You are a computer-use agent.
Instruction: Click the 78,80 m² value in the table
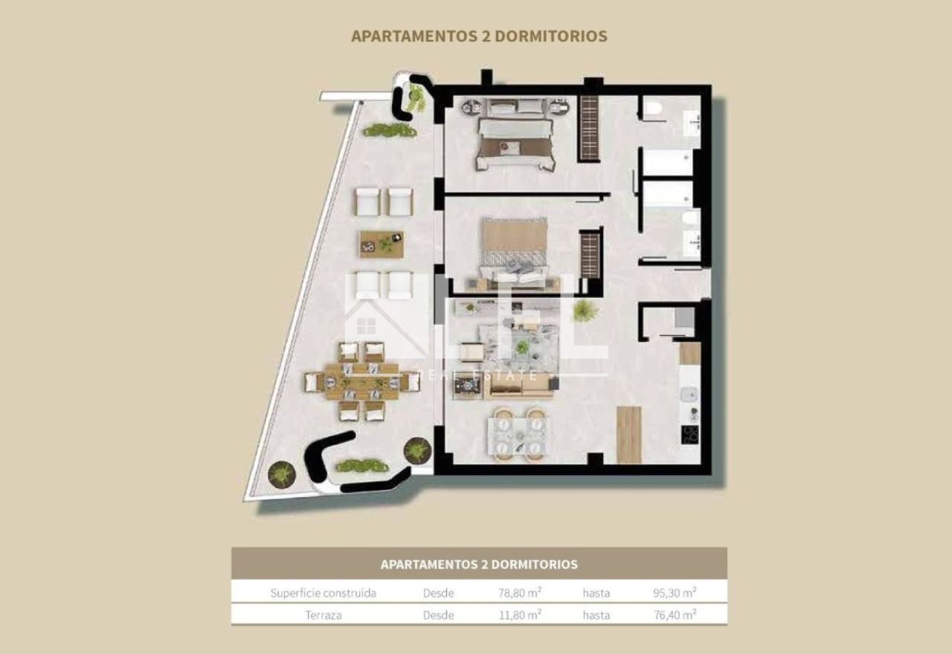click(x=520, y=592)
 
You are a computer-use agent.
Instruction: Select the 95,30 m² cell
click(x=675, y=592)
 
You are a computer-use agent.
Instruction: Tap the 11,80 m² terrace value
click(x=520, y=615)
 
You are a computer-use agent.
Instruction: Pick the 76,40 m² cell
click(x=675, y=615)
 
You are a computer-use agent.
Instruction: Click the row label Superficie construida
click(x=323, y=593)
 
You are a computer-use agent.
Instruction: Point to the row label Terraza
click(x=323, y=615)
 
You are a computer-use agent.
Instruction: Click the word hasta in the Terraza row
click(x=596, y=615)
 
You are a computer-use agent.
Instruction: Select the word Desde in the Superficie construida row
click(x=438, y=593)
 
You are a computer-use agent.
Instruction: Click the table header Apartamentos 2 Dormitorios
click(x=479, y=564)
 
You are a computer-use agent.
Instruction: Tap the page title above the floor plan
click(x=479, y=36)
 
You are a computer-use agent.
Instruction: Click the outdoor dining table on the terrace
click(x=362, y=381)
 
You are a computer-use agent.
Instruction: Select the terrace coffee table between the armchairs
click(x=382, y=245)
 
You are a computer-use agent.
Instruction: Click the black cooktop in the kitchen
click(x=689, y=435)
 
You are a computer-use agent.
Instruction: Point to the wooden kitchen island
click(x=628, y=435)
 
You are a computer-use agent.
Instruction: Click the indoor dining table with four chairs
click(x=518, y=436)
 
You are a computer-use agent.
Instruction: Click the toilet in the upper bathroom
click(x=653, y=108)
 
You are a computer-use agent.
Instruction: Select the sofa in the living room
click(x=518, y=386)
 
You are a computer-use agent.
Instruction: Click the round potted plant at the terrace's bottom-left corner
click(x=282, y=474)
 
